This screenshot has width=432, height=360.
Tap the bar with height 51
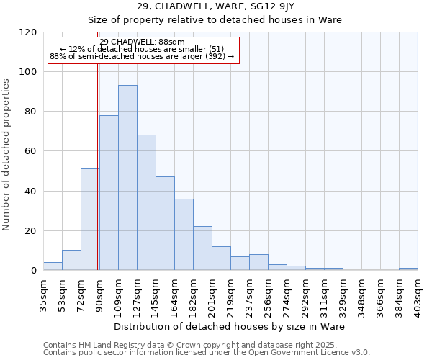click(90, 220)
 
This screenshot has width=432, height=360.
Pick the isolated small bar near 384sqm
click(408, 269)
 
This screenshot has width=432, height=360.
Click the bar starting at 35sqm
click(53, 266)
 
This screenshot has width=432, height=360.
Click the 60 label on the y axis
click(32, 151)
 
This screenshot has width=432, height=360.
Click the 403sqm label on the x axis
click(418, 295)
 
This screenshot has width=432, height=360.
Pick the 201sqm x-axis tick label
click(212, 295)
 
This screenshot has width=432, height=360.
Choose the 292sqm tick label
click(305, 295)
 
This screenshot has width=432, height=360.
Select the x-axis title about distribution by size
click(230, 326)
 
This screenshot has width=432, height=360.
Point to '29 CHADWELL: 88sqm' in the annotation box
click(143, 42)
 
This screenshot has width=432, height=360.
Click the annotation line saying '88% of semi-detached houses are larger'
click(143, 56)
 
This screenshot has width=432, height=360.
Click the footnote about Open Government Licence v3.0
click(207, 353)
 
